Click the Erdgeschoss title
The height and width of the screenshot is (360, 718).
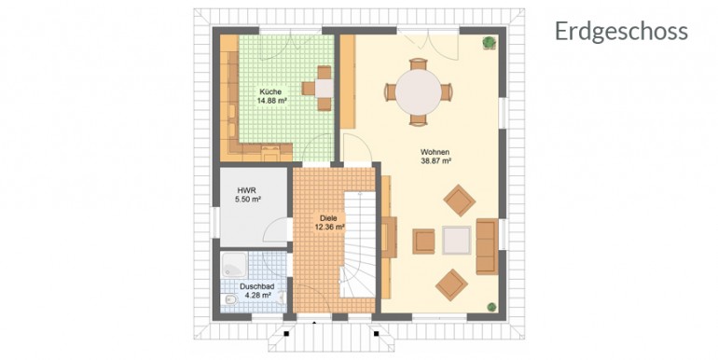621,32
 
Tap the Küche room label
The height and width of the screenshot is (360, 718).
270,91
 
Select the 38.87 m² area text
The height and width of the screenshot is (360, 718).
436,160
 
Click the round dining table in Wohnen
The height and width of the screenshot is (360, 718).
419,92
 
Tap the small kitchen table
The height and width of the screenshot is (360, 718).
324,88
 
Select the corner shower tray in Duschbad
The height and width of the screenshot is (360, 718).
234,265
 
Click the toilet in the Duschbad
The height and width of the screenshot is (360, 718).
230,299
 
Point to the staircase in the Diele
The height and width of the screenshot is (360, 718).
359,244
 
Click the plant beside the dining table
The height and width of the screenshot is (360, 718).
489,42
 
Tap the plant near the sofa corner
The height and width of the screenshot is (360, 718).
491,307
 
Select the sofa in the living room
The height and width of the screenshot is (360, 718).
487,246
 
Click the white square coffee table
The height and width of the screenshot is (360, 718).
456,240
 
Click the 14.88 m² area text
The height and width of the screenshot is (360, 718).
271,101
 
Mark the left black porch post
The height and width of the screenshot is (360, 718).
286,334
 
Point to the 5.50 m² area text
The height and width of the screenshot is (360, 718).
248,200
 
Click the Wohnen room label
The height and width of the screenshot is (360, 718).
435,152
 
